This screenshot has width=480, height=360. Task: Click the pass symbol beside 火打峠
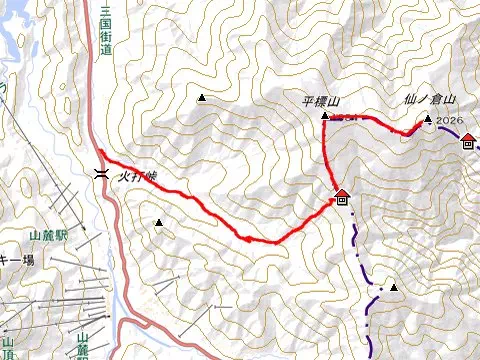click(x=102, y=173)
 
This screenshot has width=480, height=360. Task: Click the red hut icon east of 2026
click(x=469, y=140)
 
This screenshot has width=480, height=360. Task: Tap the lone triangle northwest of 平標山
click(x=203, y=97)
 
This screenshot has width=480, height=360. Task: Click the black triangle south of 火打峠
click(x=158, y=222)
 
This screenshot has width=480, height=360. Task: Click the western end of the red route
click(x=99, y=152)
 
